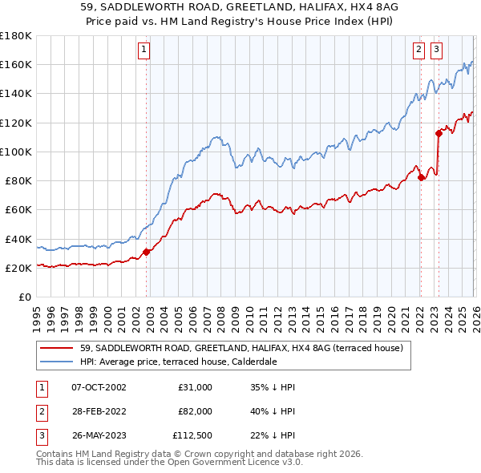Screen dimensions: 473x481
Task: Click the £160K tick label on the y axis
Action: point(16,64)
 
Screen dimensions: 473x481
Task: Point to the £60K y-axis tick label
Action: point(18,209)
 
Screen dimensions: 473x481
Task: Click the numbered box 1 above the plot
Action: point(143,50)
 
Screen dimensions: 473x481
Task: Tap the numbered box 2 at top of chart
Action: point(418,50)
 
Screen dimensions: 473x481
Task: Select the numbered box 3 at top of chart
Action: point(436,50)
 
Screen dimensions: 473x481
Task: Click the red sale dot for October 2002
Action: point(147,252)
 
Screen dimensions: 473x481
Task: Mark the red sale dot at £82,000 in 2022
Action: point(421,178)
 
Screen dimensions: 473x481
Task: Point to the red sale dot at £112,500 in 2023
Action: point(439,133)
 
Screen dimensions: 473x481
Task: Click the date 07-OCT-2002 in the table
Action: point(98,387)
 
